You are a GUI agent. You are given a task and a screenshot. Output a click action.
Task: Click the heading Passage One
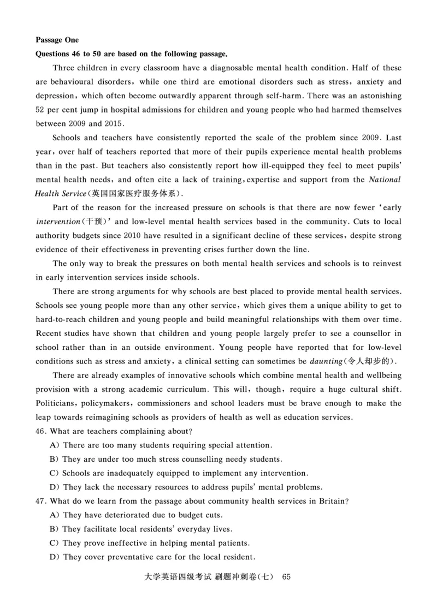(x=57, y=40)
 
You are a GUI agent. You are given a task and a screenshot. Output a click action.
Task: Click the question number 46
(x=40, y=431)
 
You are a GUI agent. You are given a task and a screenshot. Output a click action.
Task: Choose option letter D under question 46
(x=54, y=487)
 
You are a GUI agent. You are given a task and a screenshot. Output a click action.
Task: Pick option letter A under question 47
(x=54, y=515)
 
